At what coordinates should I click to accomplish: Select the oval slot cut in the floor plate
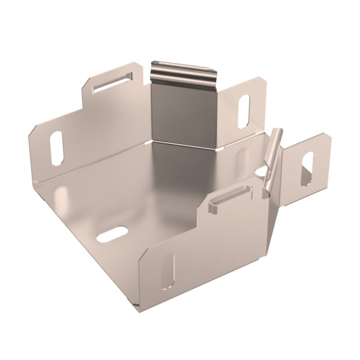pos(112,234)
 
